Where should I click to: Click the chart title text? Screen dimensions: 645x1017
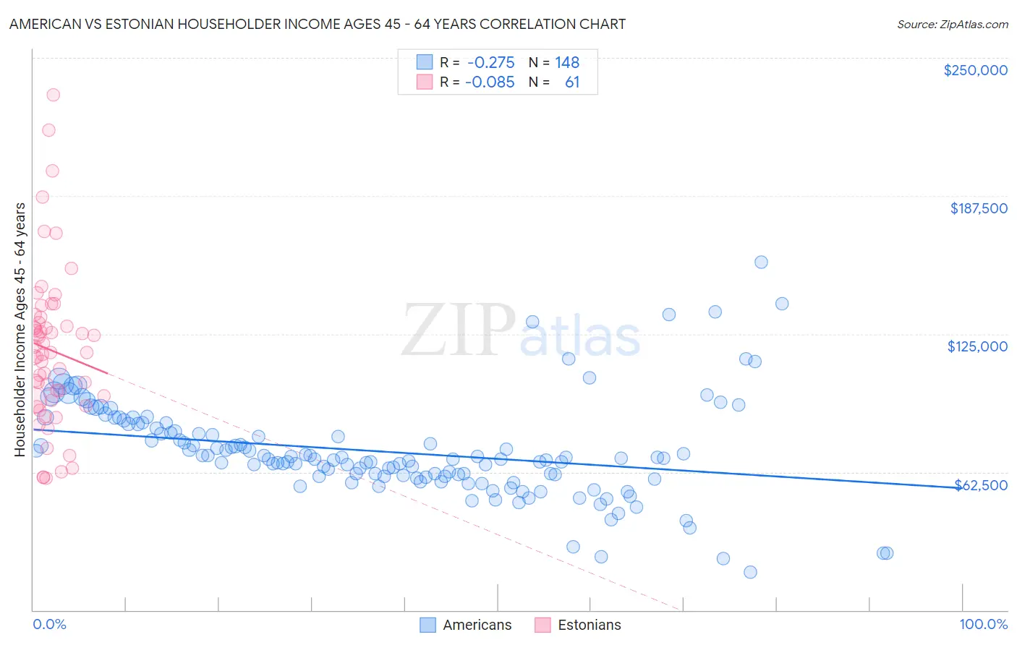(318, 24)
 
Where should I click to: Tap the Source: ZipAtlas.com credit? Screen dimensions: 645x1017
(952, 24)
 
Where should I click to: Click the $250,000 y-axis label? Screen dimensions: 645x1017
(975, 70)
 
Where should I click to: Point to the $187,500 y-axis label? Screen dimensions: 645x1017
(978, 208)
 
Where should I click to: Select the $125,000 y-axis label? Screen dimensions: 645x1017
(977, 346)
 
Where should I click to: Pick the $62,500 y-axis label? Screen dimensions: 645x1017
(981, 485)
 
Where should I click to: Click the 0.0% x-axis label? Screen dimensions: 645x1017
(50, 624)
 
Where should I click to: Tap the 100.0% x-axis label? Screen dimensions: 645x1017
(983, 624)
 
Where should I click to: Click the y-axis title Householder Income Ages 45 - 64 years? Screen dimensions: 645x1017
(20, 330)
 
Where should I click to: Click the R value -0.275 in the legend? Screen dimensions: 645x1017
(490, 62)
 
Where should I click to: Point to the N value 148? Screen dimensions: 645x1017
(567, 62)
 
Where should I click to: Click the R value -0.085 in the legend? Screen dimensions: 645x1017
(490, 82)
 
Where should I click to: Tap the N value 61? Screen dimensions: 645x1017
(572, 82)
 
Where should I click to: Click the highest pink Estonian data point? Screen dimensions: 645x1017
(53, 95)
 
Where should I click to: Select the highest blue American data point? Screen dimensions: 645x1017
(761, 262)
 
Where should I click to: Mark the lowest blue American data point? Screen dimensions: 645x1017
(750, 572)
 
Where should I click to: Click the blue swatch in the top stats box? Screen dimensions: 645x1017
(424, 62)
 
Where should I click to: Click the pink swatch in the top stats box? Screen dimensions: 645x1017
(424, 82)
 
